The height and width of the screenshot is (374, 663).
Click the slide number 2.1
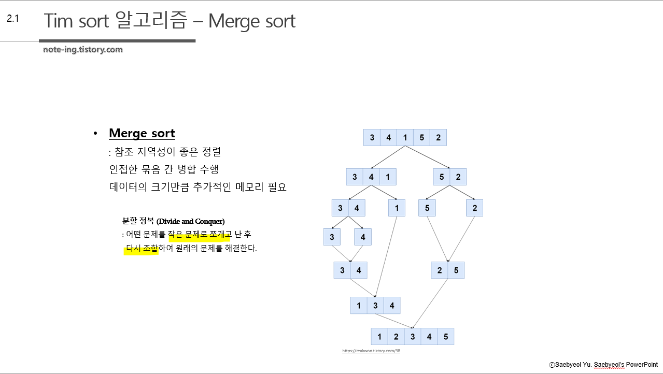click(x=13, y=19)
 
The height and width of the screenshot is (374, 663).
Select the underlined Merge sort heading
click(x=142, y=133)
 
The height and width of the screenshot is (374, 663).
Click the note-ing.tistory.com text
click(x=83, y=50)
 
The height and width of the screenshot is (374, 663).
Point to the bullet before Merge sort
click(x=95, y=134)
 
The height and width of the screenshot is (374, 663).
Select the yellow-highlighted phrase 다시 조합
click(x=142, y=249)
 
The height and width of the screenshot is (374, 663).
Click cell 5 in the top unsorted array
click(x=421, y=138)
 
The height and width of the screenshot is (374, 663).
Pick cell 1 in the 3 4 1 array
click(x=388, y=177)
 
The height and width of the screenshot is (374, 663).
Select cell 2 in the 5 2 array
click(x=458, y=177)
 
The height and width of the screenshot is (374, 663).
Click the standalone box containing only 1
click(x=397, y=208)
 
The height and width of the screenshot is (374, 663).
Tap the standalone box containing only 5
click(x=427, y=208)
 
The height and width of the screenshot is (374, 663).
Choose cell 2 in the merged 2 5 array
click(x=440, y=270)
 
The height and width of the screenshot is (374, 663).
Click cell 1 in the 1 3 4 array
click(x=359, y=306)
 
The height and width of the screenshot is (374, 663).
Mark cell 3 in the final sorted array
click(x=413, y=337)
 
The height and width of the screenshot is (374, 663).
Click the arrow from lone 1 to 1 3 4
click(x=386, y=256)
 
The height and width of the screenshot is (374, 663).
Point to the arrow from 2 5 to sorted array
click(x=430, y=303)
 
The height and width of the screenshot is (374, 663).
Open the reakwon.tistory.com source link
click(x=371, y=351)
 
